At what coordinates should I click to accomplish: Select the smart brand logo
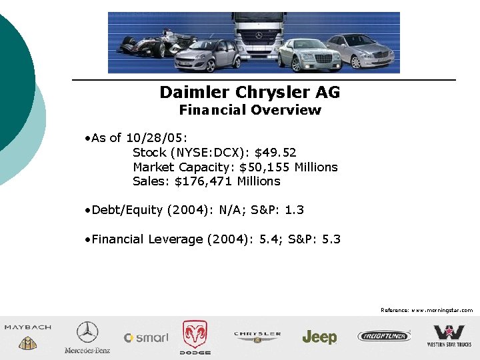pyautogui.click(x=146, y=337)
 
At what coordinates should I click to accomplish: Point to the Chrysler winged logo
pyautogui.click(x=257, y=337)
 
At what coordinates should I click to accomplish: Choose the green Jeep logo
pyautogui.click(x=319, y=337)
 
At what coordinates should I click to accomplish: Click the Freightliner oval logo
pyautogui.click(x=384, y=336)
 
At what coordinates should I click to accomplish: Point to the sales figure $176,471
pyautogui.click(x=202, y=181)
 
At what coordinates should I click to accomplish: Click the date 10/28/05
pyautogui.click(x=147, y=138)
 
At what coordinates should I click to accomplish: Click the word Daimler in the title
pyautogui.click(x=191, y=92)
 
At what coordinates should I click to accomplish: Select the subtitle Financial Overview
pyautogui.click(x=250, y=110)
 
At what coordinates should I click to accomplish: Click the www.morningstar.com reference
pyautogui.click(x=442, y=310)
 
